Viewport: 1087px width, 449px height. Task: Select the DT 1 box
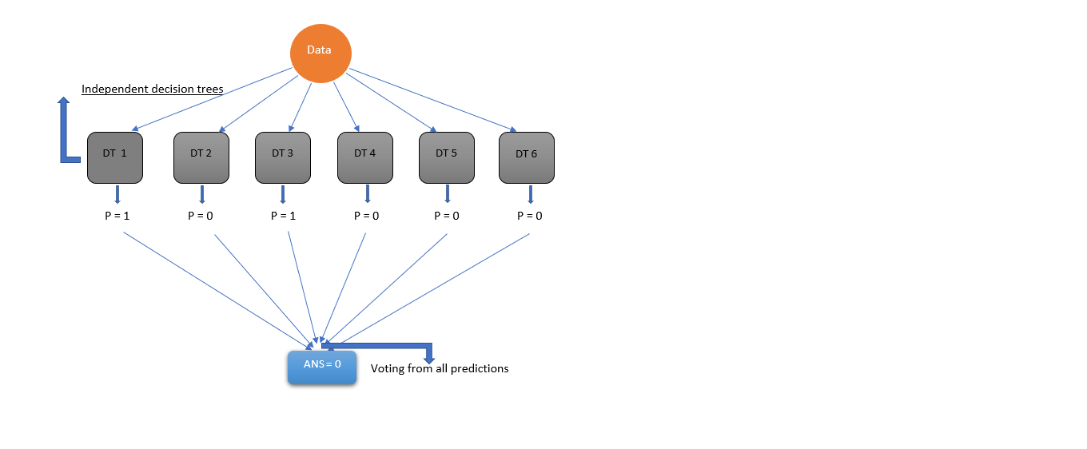point(114,157)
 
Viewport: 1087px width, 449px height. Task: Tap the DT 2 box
point(201,157)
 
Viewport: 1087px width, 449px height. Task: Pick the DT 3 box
point(283,157)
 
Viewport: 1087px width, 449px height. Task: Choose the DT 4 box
point(364,157)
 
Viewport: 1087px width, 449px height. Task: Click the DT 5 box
point(446,157)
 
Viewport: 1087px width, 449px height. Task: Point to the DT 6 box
point(526,157)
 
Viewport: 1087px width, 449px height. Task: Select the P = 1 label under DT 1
point(117,216)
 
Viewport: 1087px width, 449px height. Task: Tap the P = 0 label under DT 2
point(201,216)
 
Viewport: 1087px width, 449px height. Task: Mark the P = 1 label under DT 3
point(284,216)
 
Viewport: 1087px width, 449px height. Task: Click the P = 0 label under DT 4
point(367,216)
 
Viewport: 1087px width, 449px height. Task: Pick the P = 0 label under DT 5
point(447,216)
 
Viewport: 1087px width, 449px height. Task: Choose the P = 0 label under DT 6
point(530,216)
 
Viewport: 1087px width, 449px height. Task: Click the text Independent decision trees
point(152,89)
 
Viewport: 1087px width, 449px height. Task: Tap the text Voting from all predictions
point(440,368)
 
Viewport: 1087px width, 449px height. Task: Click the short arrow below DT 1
point(117,194)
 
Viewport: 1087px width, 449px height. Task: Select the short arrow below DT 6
point(530,194)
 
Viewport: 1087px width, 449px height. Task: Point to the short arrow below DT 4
point(367,194)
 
